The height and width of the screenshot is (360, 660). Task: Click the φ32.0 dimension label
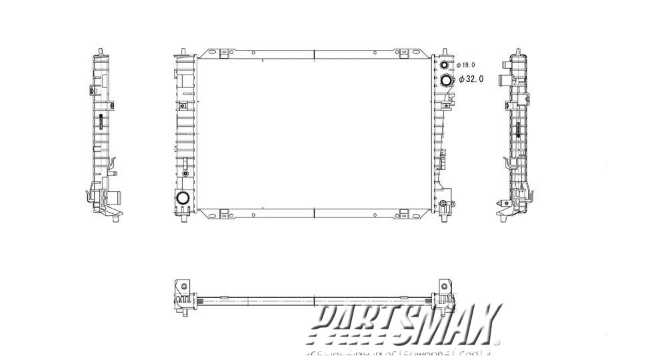(x=471, y=79)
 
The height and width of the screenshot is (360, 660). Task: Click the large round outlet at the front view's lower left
(x=183, y=198)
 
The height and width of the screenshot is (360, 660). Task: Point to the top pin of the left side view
(x=99, y=51)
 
